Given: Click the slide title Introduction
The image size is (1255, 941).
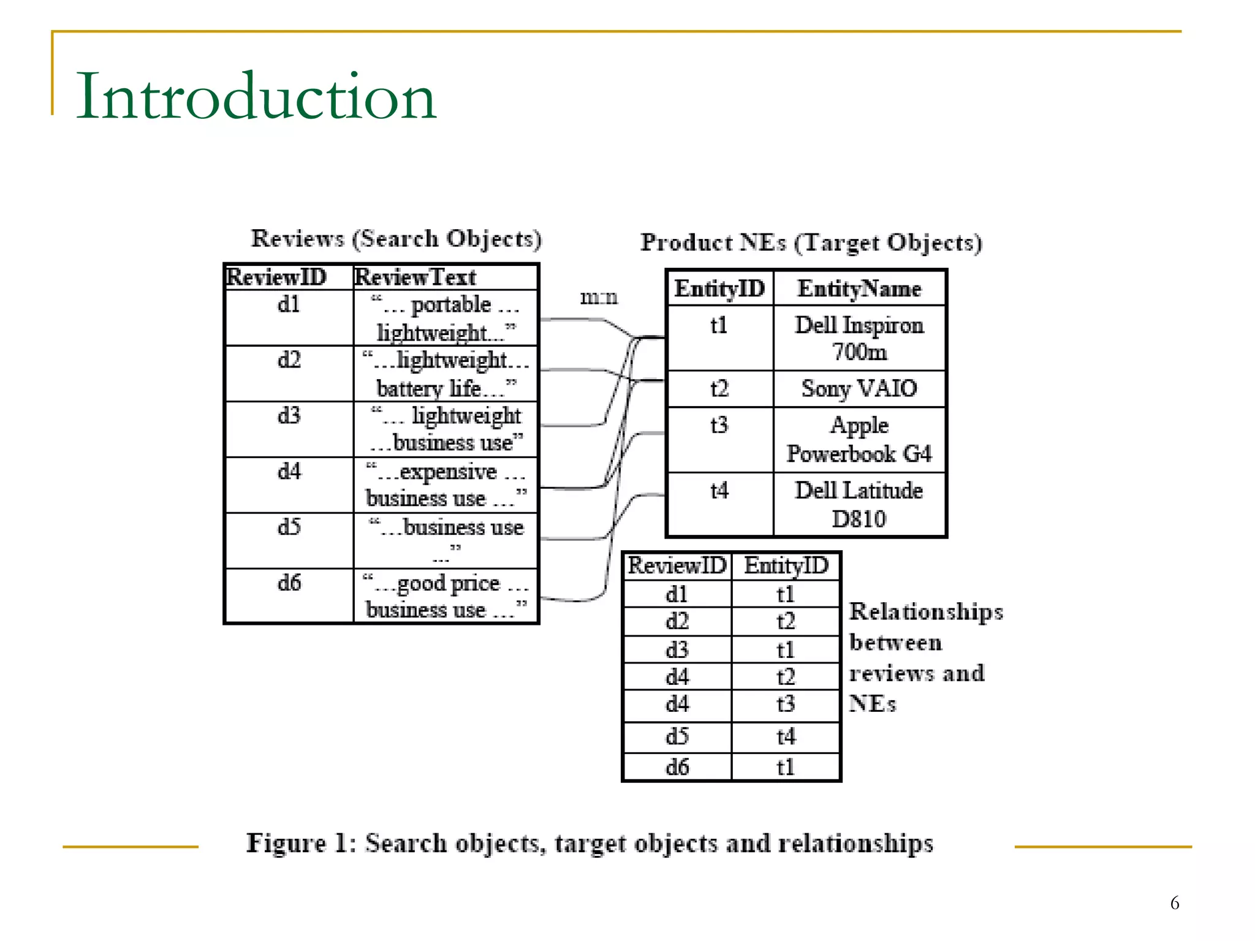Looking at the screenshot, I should click(256, 96).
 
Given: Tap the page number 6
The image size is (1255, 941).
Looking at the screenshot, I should click(1174, 903).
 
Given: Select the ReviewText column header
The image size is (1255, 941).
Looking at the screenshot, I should click(415, 278).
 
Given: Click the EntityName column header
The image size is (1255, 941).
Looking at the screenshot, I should click(859, 289).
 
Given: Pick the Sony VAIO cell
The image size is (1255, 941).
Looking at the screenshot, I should click(859, 388).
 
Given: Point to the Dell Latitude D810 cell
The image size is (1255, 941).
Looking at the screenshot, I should click(859, 504).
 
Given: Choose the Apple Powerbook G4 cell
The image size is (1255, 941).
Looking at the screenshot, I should click(859, 439).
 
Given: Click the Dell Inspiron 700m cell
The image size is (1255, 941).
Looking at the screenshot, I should click(859, 338).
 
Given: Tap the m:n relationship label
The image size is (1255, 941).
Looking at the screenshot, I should click(599, 298).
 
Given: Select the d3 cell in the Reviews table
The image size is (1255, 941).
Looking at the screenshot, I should click(289, 416).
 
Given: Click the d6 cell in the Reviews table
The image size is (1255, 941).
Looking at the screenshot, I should click(289, 583).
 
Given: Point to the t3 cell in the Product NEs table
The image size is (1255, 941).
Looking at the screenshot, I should click(719, 425).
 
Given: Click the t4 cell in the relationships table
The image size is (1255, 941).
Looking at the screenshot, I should click(786, 736).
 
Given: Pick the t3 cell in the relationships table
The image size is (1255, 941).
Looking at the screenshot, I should click(786, 704).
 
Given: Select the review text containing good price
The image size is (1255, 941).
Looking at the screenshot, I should click(446, 596).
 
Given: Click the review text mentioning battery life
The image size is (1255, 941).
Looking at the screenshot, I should click(446, 374).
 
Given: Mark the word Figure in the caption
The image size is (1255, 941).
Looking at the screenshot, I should click(286, 844).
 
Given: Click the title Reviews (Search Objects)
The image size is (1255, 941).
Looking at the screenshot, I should click(396, 239).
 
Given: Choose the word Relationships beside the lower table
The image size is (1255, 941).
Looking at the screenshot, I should click(926, 612).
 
